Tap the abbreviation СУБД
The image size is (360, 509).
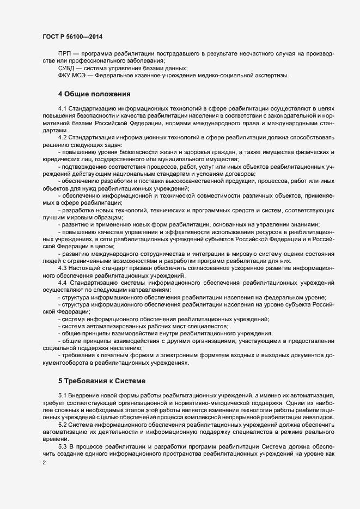pos(68,68)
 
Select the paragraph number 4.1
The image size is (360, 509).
pos(62,111)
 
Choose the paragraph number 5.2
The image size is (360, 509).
pos(62,424)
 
